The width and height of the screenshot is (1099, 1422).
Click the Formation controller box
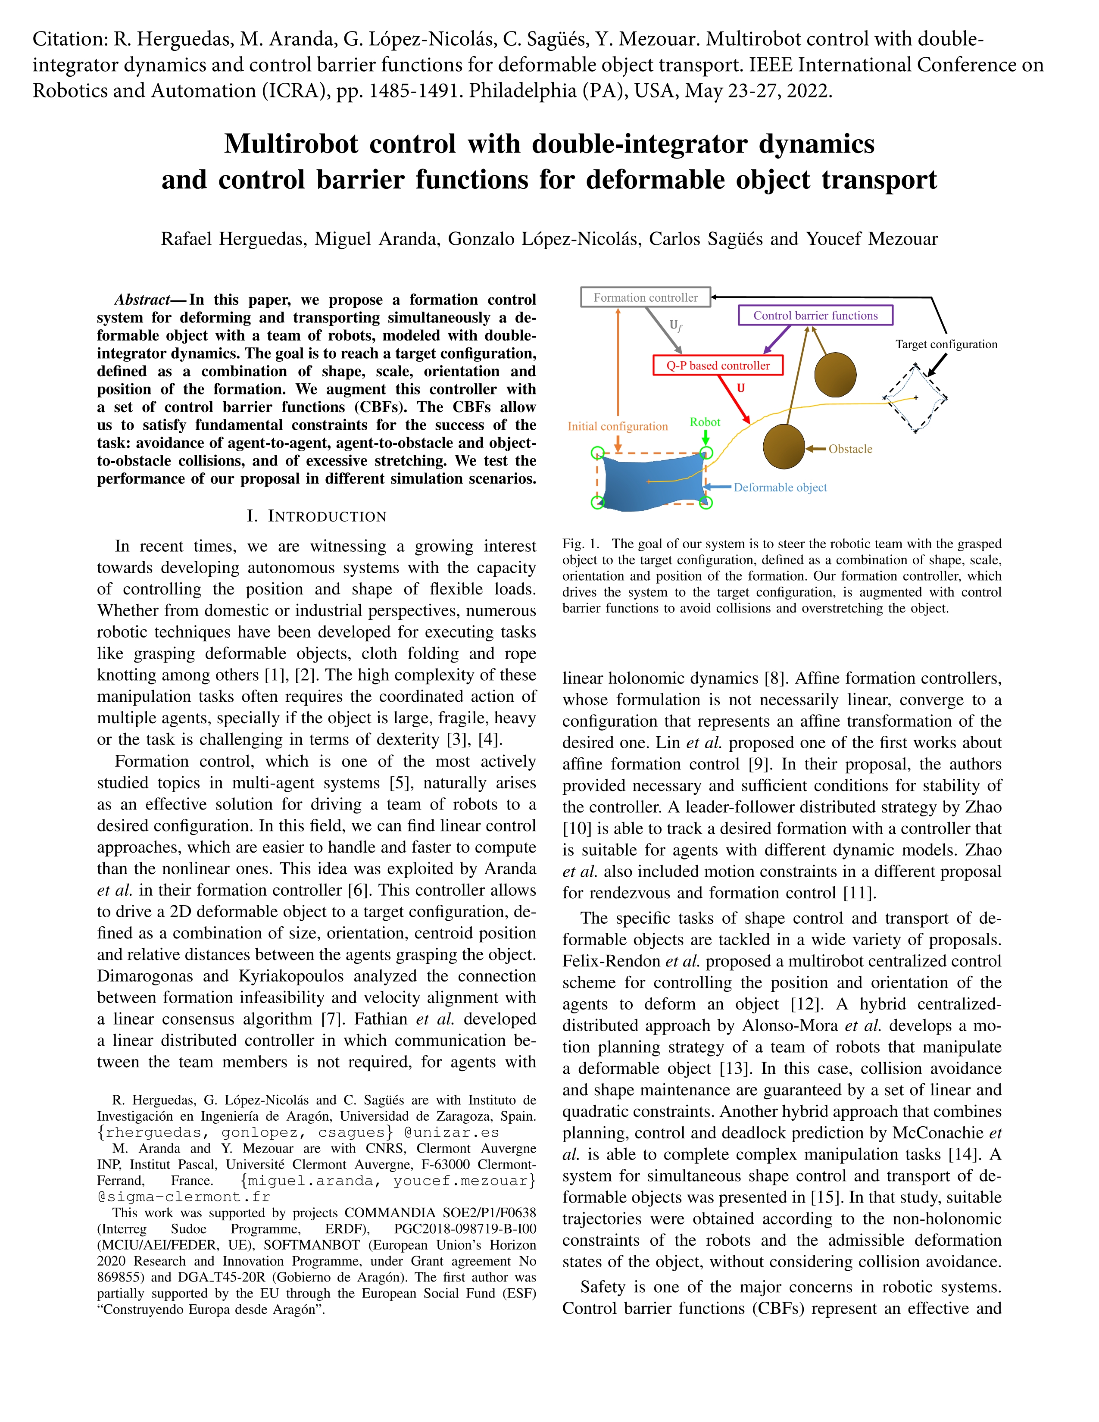pyautogui.click(x=645, y=297)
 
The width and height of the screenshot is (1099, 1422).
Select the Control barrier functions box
pyautogui.click(x=815, y=316)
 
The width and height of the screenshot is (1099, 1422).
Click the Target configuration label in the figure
pyautogui.click(x=946, y=344)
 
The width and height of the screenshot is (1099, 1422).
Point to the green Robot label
pyautogui.click(x=705, y=422)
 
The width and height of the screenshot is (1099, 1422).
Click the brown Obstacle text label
pyautogui.click(x=850, y=449)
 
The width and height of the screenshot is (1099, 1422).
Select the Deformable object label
pyautogui.click(x=780, y=488)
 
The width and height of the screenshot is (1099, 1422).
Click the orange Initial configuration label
pyautogui.click(x=617, y=426)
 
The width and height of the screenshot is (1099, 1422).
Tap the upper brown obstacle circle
pyautogui.click(x=835, y=375)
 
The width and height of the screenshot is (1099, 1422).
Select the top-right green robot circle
pyautogui.click(x=706, y=453)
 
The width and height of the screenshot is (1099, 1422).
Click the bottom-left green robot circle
pyautogui.click(x=597, y=502)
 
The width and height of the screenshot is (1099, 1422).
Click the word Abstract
pyautogui.click(x=142, y=300)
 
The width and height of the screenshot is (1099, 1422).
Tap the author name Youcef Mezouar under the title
pyautogui.click(x=872, y=239)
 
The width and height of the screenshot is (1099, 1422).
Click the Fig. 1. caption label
pyautogui.click(x=581, y=544)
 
